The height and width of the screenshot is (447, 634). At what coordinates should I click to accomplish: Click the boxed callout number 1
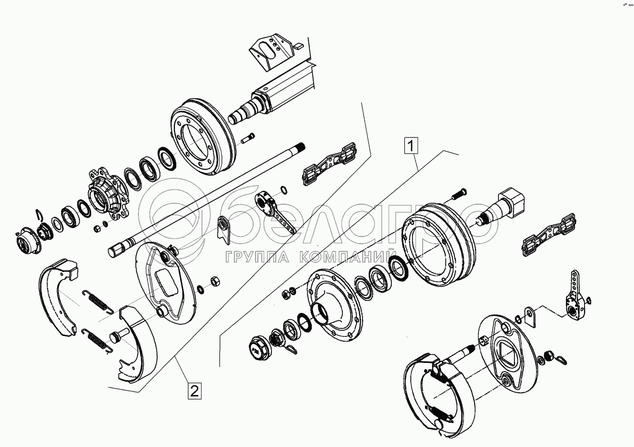tap(412, 145)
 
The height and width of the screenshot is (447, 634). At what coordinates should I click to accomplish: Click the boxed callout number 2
tap(194, 390)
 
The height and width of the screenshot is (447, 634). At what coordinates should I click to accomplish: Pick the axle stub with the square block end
tap(504, 207)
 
